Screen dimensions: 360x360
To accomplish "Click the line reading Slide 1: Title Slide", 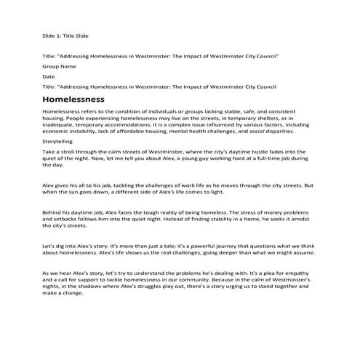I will point(65,34).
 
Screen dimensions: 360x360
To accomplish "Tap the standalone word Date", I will point(49,76).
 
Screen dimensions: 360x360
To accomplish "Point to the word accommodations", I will point(134,124).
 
